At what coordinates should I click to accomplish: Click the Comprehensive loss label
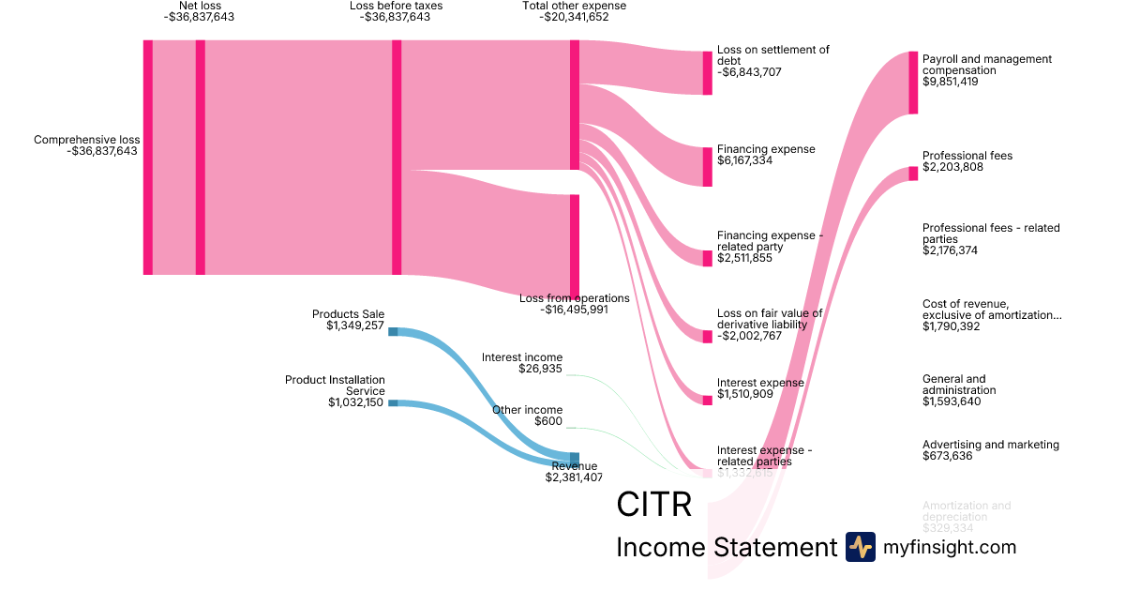(86, 140)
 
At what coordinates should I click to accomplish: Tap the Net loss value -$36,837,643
(199, 17)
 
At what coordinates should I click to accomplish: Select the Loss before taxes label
(396, 6)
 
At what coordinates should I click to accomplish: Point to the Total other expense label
(574, 6)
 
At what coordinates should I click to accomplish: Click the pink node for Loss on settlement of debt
(708, 73)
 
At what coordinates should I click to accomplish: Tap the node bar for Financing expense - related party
(708, 258)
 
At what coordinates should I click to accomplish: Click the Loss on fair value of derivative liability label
(770, 319)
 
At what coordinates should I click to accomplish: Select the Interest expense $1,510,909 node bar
(708, 400)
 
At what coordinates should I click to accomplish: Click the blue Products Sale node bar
(393, 331)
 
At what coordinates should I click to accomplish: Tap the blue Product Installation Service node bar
(393, 402)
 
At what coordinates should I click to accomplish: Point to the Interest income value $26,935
(540, 369)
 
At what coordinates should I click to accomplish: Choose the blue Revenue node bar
(574, 459)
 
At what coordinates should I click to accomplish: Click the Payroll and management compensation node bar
(913, 83)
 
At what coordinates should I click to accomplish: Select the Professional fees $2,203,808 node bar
(913, 173)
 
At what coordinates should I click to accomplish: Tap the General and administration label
(959, 385)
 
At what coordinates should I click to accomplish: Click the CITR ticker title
(654, 505)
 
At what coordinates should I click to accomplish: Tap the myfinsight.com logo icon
(860, 547)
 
